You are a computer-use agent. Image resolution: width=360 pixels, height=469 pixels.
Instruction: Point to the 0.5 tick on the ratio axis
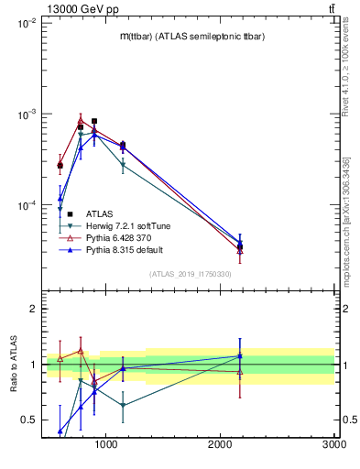30,420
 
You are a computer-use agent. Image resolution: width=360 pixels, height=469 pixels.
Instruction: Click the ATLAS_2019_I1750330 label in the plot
190,274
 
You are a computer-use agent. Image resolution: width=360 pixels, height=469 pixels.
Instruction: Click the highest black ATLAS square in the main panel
94,121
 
